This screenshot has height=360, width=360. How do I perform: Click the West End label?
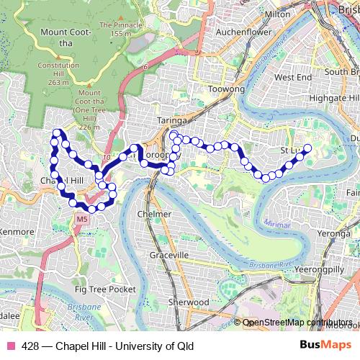pos(293,77)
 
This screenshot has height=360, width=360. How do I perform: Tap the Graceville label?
pos(169,255)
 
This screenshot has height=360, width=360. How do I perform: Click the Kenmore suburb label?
pos(17,232)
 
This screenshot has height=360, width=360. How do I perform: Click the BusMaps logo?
pos(325,346)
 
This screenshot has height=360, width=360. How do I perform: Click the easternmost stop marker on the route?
pos(307,129)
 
